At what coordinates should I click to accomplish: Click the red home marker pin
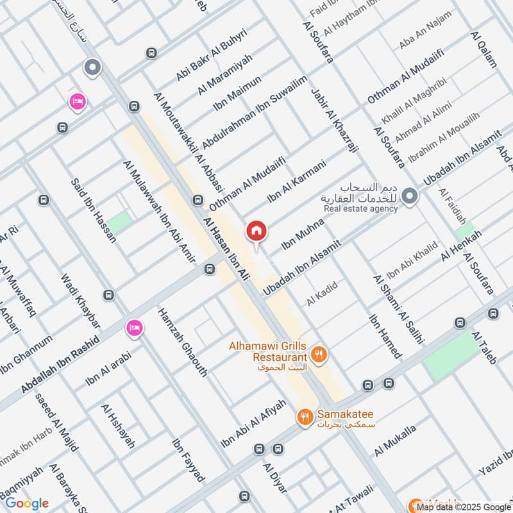[256, 231]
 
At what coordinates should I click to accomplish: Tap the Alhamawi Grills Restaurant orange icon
[319, 353]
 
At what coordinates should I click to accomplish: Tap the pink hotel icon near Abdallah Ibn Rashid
[135, 328]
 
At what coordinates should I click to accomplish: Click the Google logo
[27, 503]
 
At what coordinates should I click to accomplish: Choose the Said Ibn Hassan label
[94, 210]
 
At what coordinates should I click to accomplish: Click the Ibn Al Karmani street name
[297, 181]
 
